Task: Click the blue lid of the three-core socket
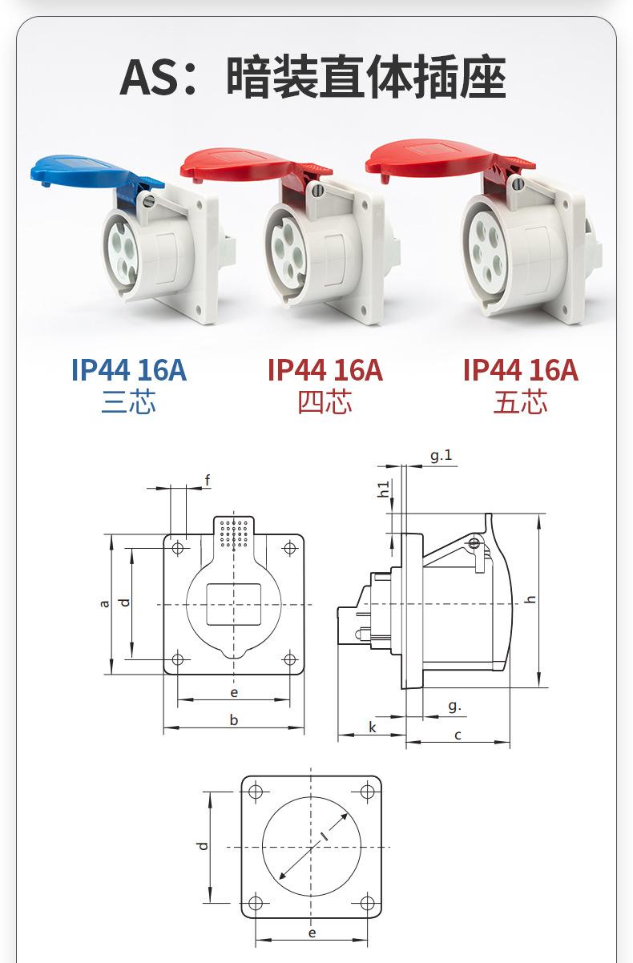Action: point(86,171)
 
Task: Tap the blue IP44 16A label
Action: point(128,369)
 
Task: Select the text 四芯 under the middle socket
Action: point(325,402)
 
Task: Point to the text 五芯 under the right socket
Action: point(520,402)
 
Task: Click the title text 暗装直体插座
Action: point(366,78)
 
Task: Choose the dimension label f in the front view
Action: point(208,480)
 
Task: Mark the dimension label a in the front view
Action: point(104,603)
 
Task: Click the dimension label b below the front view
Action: point(233,719)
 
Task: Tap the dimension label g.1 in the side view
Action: point(441,455)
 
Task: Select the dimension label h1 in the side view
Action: point(383,490)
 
